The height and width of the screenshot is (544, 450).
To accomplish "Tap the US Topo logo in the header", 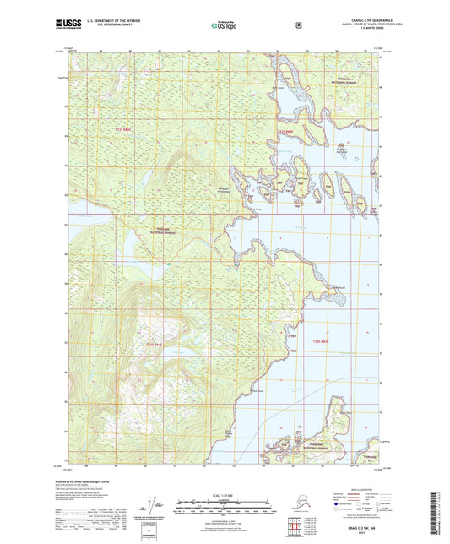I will pyautogui.click(x=224, y=25).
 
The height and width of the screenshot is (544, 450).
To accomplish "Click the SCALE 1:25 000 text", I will pyautogui.click(x=224, y=494).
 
